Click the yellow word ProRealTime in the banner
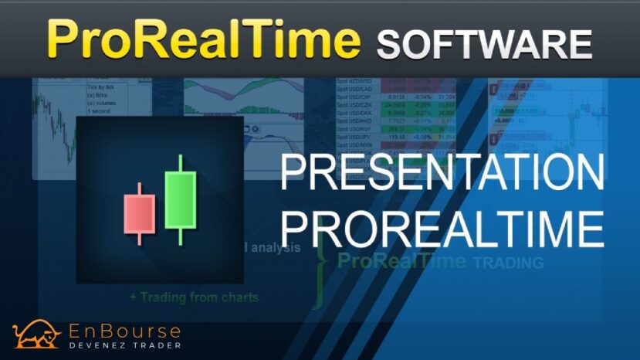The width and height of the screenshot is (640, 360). [204, 39]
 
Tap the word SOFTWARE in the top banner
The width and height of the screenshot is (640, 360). [484, 42]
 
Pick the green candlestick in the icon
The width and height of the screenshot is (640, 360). [181, 199]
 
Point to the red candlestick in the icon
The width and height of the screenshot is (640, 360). [140, 213]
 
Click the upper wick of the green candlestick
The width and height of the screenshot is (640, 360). [181, 163]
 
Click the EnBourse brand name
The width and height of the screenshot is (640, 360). [127, 331]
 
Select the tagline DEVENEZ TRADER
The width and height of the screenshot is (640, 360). [127, 345]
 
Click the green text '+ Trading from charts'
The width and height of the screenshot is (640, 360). [194, 297]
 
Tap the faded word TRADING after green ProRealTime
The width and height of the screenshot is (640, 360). [507, 263]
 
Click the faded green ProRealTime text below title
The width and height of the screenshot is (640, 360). [401, 260]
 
